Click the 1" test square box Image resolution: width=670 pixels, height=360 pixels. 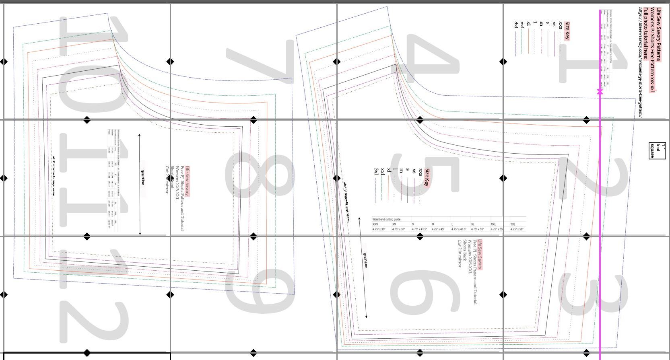click(x=658, y=150)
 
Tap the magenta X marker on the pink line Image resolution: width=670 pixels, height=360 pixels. click(x=600, y=92)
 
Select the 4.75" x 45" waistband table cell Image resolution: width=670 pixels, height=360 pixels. click(x=438, y=229)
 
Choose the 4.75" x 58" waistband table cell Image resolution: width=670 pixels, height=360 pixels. click(x=517, y=229)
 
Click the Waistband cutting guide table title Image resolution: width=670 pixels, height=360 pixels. click(x=387, y=220)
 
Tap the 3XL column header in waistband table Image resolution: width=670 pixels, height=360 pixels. click(x=513, y=224)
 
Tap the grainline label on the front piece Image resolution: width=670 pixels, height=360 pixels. click(x=142, y=177)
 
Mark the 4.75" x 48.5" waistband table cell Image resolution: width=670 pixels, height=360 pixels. click(x=458, y=229)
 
